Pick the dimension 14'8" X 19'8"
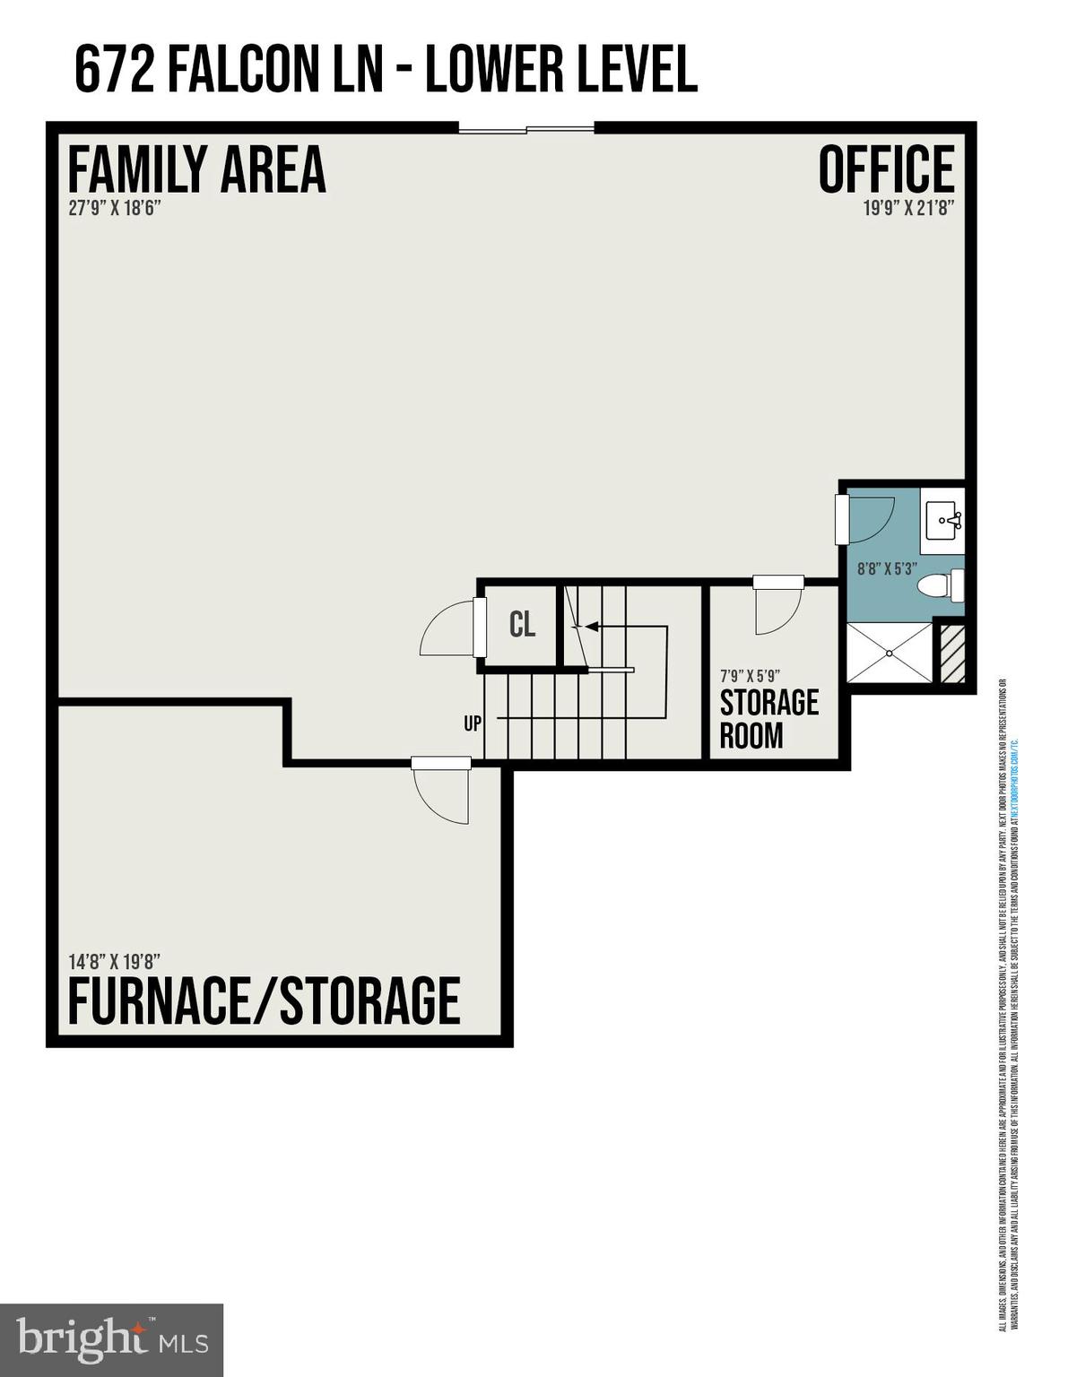(x=114, y=962)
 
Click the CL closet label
(x=522, y=625)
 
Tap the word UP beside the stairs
(x=473, y=723)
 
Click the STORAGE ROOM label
(x=768, y=719)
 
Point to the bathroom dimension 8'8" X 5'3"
(x=886, y=567)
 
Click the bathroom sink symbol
(x=943, y=517)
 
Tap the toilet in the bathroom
(x=941, y=586)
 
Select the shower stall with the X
(x=890, y=653)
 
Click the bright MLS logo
(x=111, y=1340)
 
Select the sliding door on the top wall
(x=526, y=128)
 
